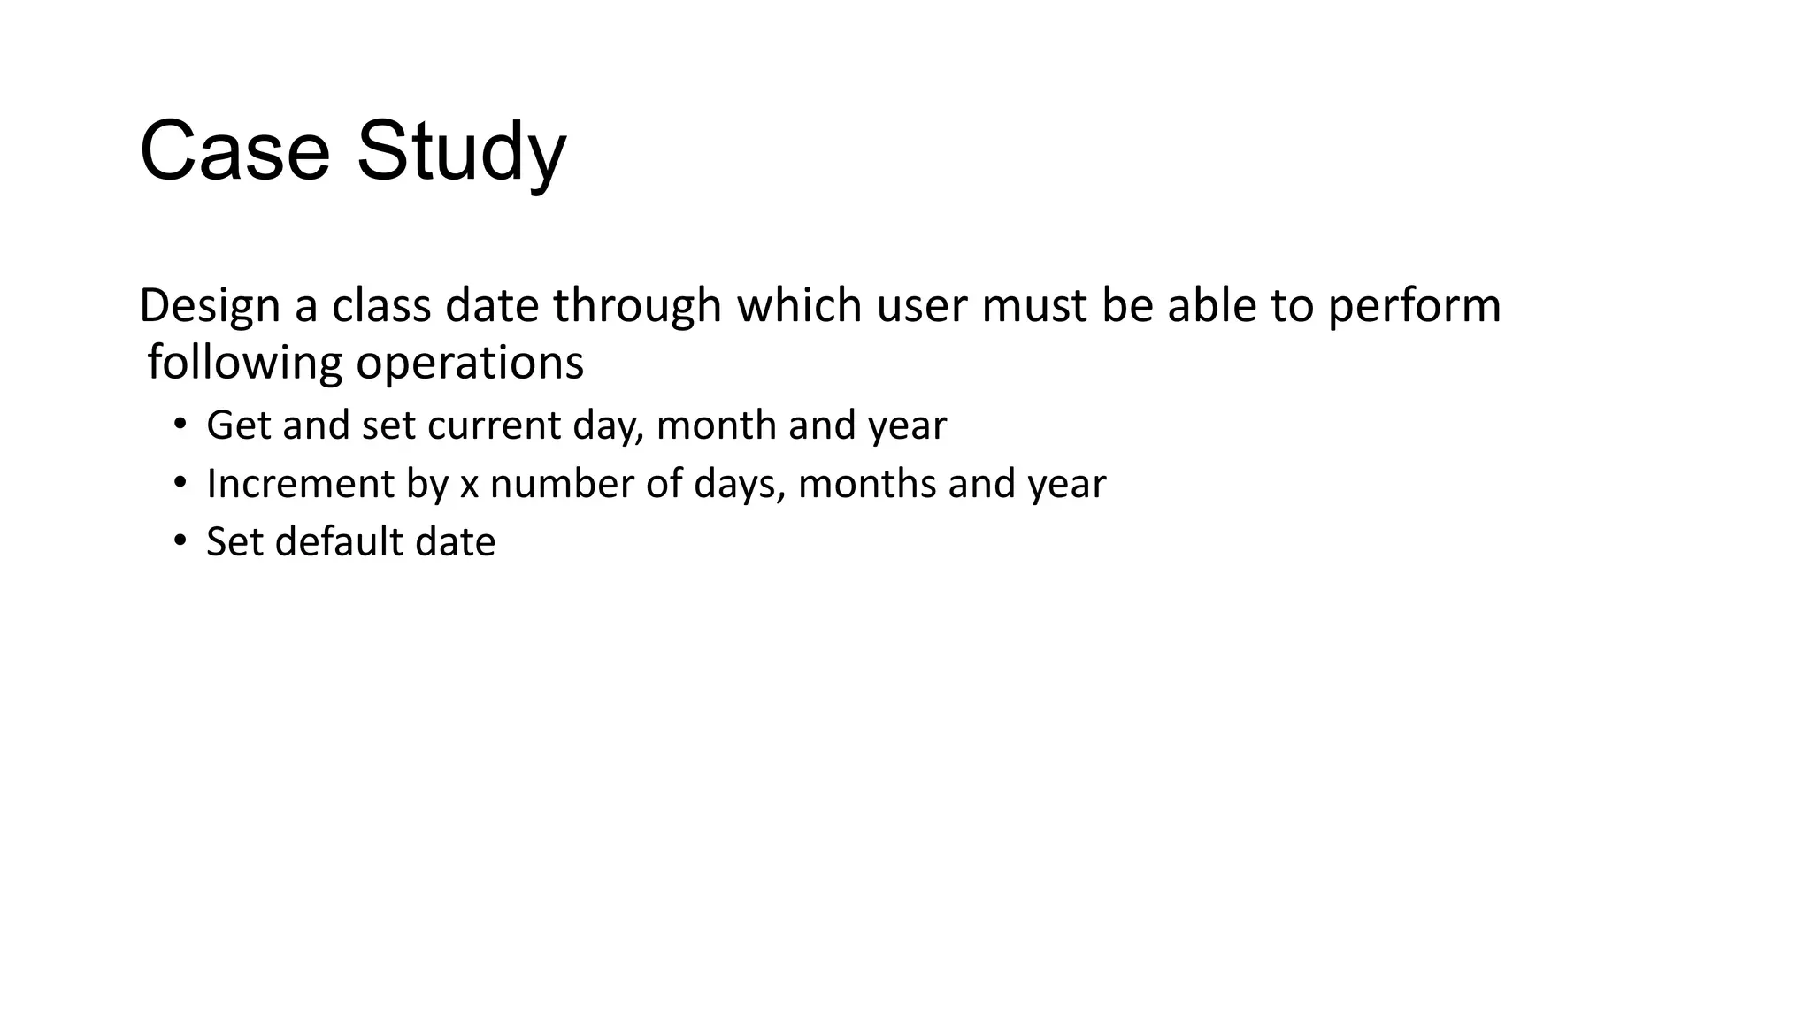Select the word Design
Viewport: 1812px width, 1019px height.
(210, 305)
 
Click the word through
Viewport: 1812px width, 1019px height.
(637, 307)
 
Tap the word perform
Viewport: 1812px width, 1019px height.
(1414, 307)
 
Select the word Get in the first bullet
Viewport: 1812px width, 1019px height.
(238, 425)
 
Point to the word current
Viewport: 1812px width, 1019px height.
(494, 425)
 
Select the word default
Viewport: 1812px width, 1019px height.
(339, 541)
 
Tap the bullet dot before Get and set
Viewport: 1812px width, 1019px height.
(180, 425)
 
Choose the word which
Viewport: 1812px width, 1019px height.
(799, 305)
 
